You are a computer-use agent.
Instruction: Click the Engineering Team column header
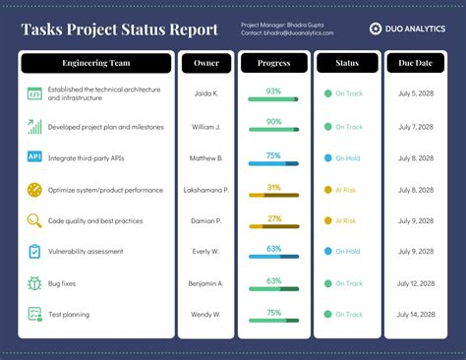coord(96,64)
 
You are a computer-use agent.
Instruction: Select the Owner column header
coord(206,64)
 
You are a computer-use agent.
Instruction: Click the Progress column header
coord(273,64)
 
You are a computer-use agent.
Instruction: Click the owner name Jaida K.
coord(206,96)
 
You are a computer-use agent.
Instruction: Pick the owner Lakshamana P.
coord(206,189)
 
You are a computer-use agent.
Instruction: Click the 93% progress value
coord(273,90)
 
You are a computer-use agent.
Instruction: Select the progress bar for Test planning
coord(273,321)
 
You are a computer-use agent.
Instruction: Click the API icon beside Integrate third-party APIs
coord(34,157)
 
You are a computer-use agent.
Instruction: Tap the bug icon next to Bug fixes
coord(34,283)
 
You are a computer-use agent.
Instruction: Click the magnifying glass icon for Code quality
coord(34,220)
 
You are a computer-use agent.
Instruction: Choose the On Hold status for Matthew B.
coord(344,157)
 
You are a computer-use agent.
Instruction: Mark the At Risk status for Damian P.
coord(344,220)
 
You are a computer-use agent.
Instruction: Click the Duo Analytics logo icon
coord(375,29)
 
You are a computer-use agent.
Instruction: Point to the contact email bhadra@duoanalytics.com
coord(287,33)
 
